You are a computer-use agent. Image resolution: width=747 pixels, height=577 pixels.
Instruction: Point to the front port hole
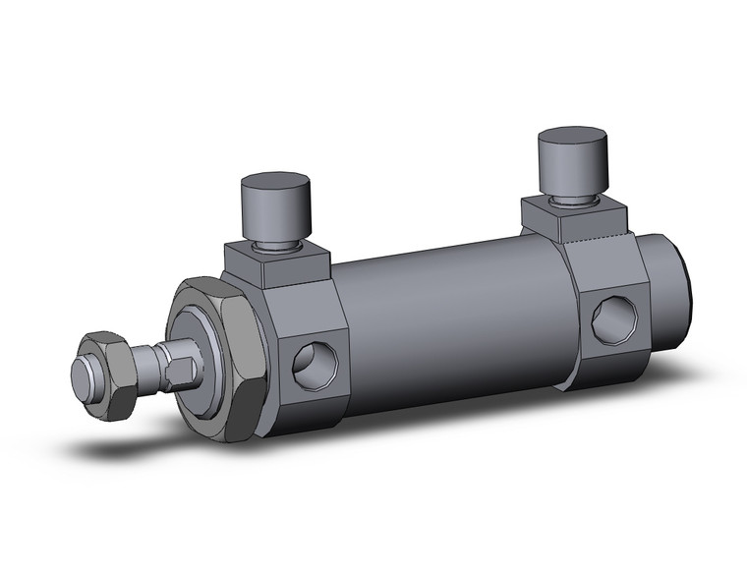tap(316, 365)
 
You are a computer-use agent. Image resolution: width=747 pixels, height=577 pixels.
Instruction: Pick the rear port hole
tap(613, 319)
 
